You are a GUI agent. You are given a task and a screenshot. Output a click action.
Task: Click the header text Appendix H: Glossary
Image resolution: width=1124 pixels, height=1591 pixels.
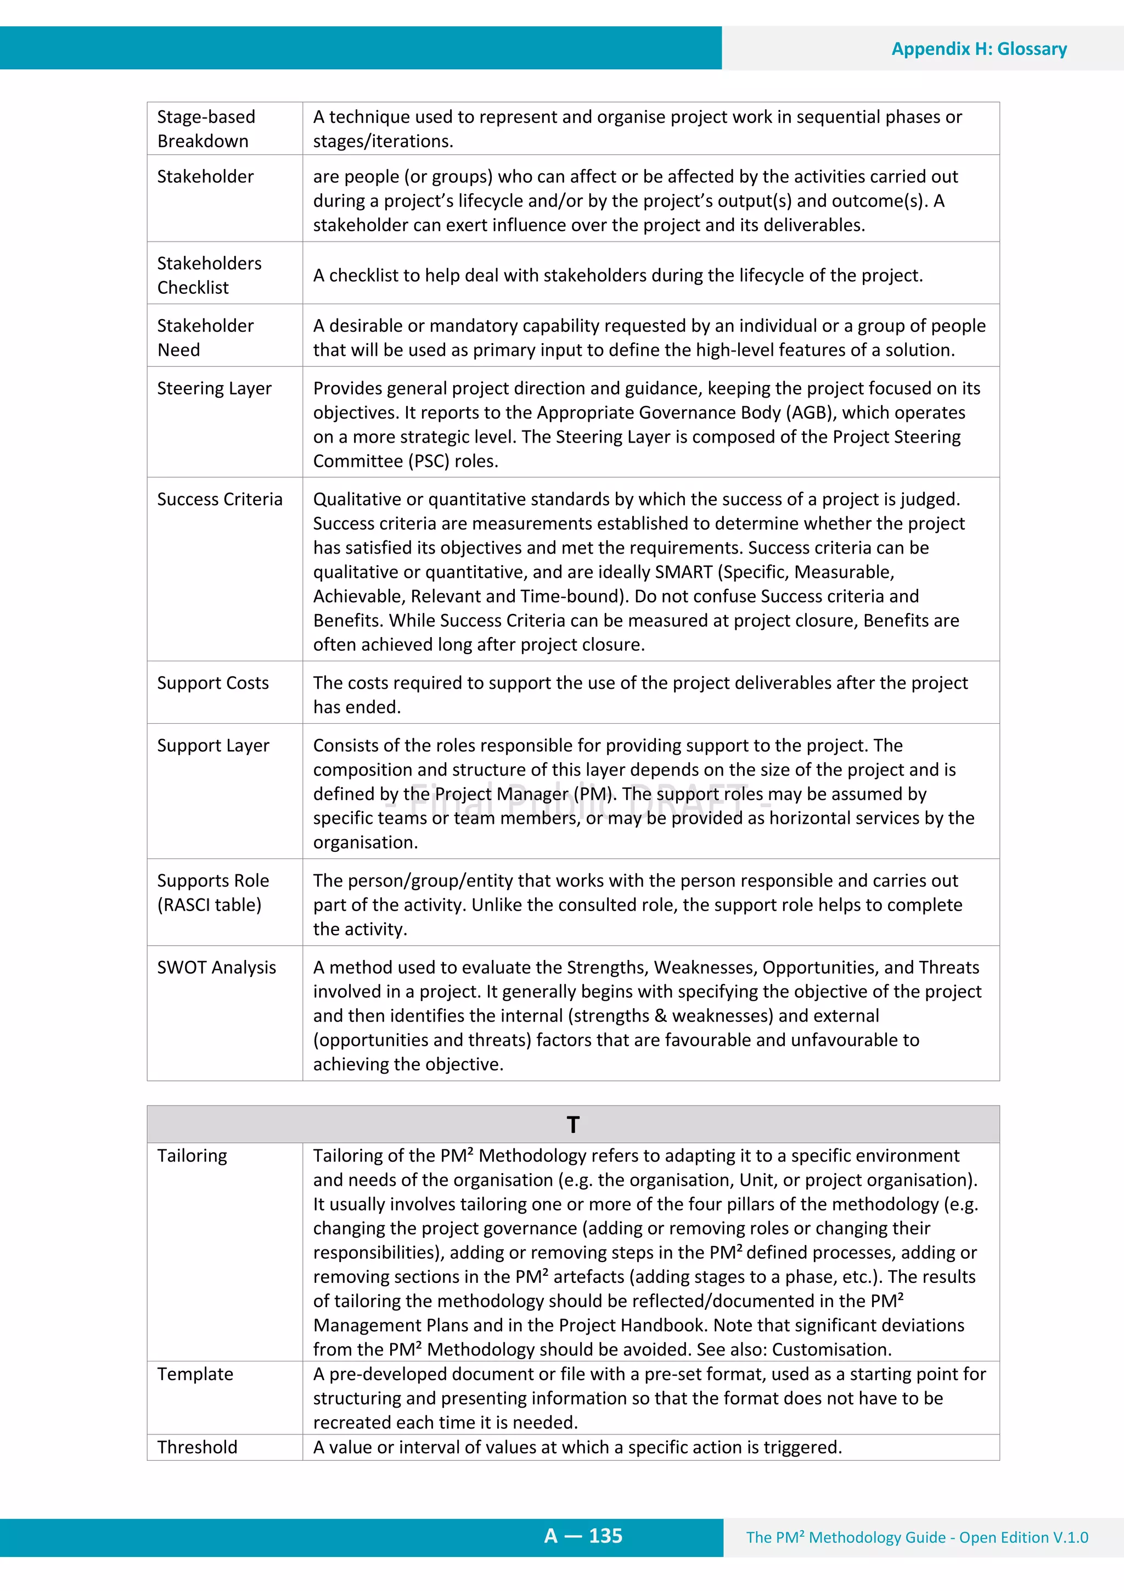click(x=979, y=49)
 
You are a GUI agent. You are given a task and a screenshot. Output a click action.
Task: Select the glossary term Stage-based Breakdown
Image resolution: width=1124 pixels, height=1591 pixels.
click(x=206, y=129)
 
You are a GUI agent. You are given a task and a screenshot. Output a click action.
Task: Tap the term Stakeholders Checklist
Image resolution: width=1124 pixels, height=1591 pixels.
click(x=209, y=275)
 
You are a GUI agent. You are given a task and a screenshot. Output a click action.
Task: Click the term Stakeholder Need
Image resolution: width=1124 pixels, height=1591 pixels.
click(x=205, y=337)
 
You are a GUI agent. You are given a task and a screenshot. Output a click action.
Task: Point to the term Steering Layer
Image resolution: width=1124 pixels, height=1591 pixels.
click(x=214, y=389)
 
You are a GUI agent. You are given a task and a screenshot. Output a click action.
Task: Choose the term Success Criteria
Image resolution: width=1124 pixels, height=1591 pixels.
click(x=220, y=500)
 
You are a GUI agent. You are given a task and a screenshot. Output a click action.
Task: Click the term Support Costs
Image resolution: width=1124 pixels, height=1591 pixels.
click(x=212, y=683)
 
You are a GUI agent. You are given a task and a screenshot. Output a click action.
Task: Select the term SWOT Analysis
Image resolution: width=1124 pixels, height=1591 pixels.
click(x=216, y=967)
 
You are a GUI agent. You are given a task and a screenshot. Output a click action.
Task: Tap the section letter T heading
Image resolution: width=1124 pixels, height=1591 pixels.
click(x=573, y=1125)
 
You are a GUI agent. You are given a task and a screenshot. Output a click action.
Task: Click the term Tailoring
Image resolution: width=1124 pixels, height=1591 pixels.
click(x=192, y=1156)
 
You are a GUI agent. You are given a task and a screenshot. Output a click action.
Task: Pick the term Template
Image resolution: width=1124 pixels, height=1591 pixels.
click(x=195, y=1374)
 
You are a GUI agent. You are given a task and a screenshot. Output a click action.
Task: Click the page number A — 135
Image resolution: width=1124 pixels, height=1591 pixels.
click(x=583, y=1536)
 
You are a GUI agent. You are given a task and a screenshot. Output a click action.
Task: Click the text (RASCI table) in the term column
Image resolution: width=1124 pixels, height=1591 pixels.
click(x=209, y=905)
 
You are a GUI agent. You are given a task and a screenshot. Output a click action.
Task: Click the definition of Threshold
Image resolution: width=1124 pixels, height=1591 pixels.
click(x=577, y=1448)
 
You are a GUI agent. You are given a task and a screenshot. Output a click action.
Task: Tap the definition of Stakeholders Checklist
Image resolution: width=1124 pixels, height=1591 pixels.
click(x=618, y=276)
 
